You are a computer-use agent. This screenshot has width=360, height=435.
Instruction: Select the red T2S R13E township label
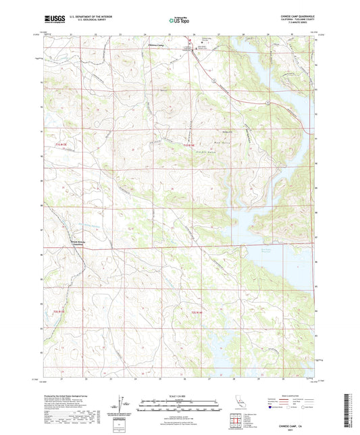pyautogui.click(x=59, y=311)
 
